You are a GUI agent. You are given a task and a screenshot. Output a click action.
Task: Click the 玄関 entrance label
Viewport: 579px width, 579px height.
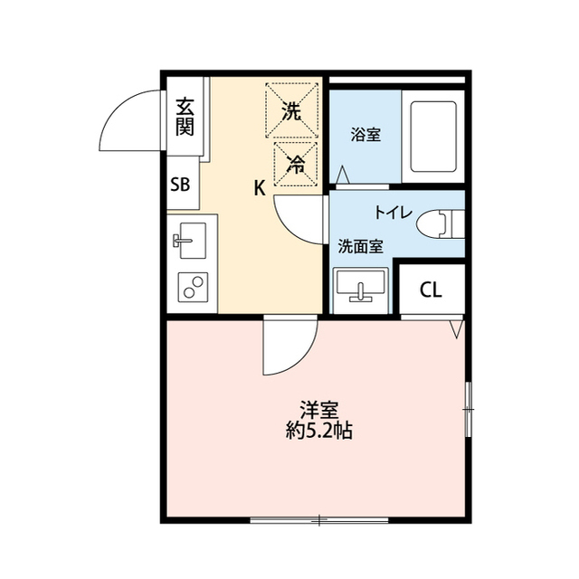point(185,115)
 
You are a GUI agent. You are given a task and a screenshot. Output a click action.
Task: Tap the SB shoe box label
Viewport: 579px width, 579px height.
point(180,185)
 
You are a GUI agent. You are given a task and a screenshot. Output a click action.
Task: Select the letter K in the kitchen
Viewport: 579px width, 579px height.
point(259,188)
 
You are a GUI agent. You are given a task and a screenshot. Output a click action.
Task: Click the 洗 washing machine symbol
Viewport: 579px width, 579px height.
point(292,111)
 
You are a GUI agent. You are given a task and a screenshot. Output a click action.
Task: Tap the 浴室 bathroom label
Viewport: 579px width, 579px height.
point(365,136)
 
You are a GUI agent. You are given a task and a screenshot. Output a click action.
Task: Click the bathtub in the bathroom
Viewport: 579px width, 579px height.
point(434,136)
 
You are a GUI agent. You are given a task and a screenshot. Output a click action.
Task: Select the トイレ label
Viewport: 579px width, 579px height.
point(394,214)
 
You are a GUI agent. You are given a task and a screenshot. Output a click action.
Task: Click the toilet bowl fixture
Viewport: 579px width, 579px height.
point(444,222)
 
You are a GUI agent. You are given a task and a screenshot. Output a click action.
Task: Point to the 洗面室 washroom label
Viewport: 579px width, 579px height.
point(360,245)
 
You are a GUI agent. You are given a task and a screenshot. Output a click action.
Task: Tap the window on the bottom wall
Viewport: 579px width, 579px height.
point(318,520)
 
